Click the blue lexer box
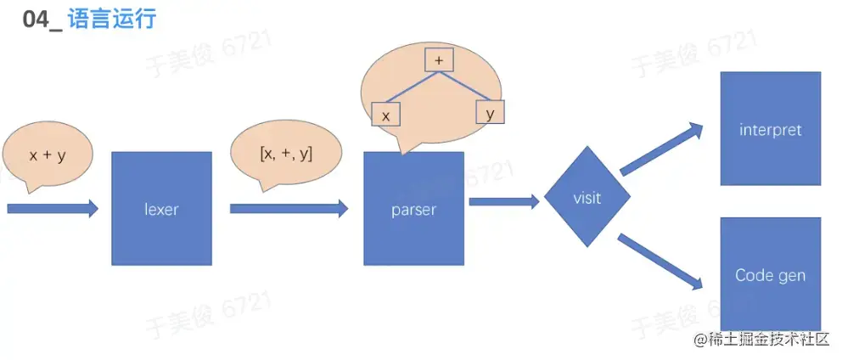(161, 208)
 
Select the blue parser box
(413, 208)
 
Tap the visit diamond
(587, 199)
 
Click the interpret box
(770, 129)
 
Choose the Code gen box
(770, 274)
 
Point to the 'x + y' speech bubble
(48, 156)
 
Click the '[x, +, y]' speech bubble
(285, 154)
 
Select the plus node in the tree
(439, 60)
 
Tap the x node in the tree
(385, 115)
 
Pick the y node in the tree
(490, 111)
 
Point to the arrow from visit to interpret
(662, 149)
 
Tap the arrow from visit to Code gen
(662, 261)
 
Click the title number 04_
(42, 18)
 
